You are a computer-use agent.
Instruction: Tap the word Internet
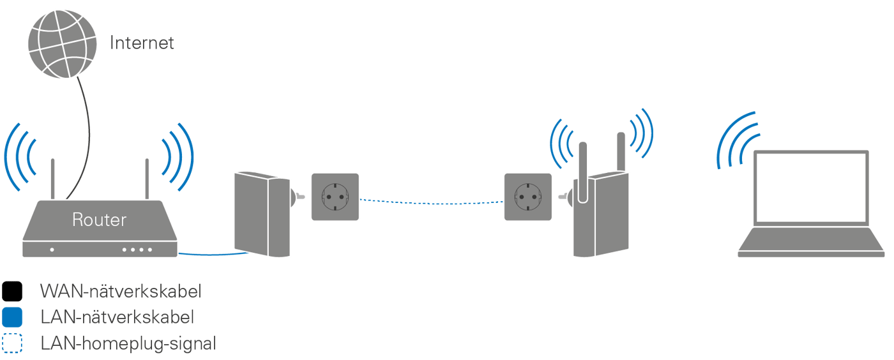(142, 43)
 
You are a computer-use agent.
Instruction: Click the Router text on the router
(99, 221)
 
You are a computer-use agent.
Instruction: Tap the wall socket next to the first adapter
(335, 197)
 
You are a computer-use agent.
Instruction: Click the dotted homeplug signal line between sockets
(431, 202)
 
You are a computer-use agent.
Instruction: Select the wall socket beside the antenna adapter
(528, 197)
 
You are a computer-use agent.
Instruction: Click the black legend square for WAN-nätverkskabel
(12, 292)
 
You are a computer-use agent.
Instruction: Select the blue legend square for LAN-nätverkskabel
(12, 317)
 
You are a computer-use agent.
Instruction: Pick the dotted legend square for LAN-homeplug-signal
(12, 343)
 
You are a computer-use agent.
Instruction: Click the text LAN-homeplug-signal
(128, 344)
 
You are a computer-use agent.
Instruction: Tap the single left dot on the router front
(52, 250)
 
